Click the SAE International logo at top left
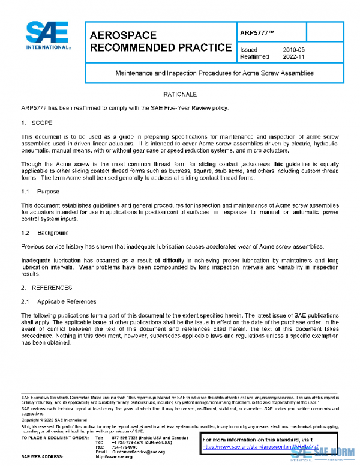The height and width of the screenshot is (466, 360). click(x=47, y=36)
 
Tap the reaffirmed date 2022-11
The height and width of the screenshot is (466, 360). click(x=295, y=56)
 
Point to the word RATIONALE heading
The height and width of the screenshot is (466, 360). click(x=180, y=95)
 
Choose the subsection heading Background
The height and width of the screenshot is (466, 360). click(x=53, y=232)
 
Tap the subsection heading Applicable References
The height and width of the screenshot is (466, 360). click(x=66, y=301)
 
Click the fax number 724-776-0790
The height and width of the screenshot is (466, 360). click(x=124, y=447)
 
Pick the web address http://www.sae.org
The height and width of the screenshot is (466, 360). click(x=114, y=457)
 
